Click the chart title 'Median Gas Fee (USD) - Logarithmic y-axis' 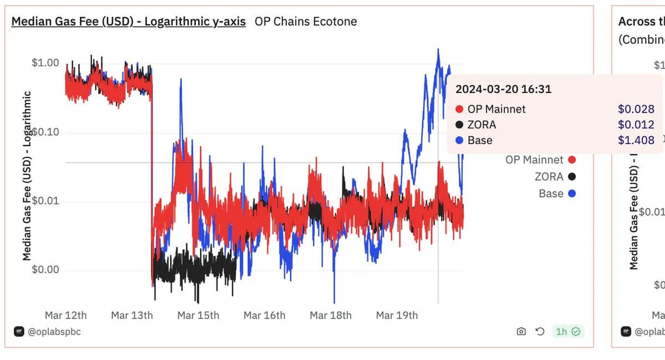pos(129,22)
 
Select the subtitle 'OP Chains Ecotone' pos(305,22)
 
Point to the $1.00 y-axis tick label pos(45,63)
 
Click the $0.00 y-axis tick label pos(45,270)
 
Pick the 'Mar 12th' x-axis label pos(66,315)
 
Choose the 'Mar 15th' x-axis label pos(198,315)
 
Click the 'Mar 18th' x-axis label pos(331,315)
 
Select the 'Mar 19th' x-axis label pos(397,315)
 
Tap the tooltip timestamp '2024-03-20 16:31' pos(503,89)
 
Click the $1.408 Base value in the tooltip pos(636,140)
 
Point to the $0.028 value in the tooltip pos(636,109)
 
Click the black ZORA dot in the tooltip pos(459,125)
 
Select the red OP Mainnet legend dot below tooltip pos(572,160)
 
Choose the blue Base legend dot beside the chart pos(572,193)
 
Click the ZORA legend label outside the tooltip pos(549,177)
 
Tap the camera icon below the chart pos(521,331)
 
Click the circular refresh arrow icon pos(540,331)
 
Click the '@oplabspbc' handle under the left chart pos(54,331)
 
